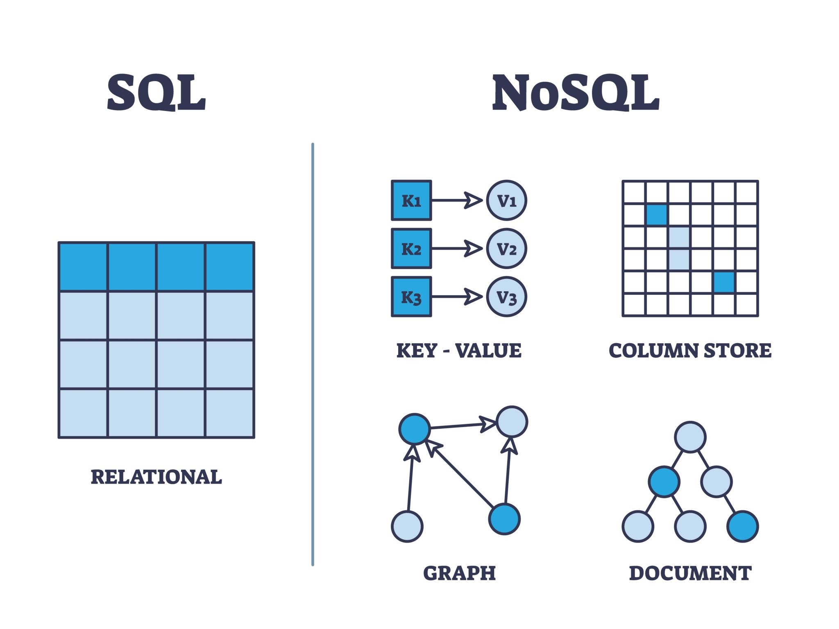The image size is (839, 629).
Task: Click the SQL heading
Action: point(156,93)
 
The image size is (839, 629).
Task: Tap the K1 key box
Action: point(411,201)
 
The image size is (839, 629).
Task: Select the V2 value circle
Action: point(506,249)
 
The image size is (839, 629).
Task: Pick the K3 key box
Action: point(411,297)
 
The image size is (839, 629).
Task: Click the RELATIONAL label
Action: point(156,477)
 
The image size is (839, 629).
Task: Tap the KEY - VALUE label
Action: point(459,351)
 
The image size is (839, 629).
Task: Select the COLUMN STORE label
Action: point(690,351)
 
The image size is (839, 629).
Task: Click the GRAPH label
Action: point(459,573)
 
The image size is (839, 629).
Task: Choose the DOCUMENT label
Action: point(690,573)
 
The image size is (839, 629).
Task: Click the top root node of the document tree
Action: point(690,437)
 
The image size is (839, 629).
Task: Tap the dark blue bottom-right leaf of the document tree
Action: point(742,527)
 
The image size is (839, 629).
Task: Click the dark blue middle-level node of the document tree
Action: point(664,482)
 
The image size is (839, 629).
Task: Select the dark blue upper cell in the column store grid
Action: point(657,215)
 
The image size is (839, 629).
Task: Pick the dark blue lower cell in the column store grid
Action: point(724,282)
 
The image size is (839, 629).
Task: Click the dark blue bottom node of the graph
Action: point(504,519)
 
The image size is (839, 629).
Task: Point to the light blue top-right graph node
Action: point(512,422)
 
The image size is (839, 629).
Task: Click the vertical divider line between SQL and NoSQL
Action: point(313,354)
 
